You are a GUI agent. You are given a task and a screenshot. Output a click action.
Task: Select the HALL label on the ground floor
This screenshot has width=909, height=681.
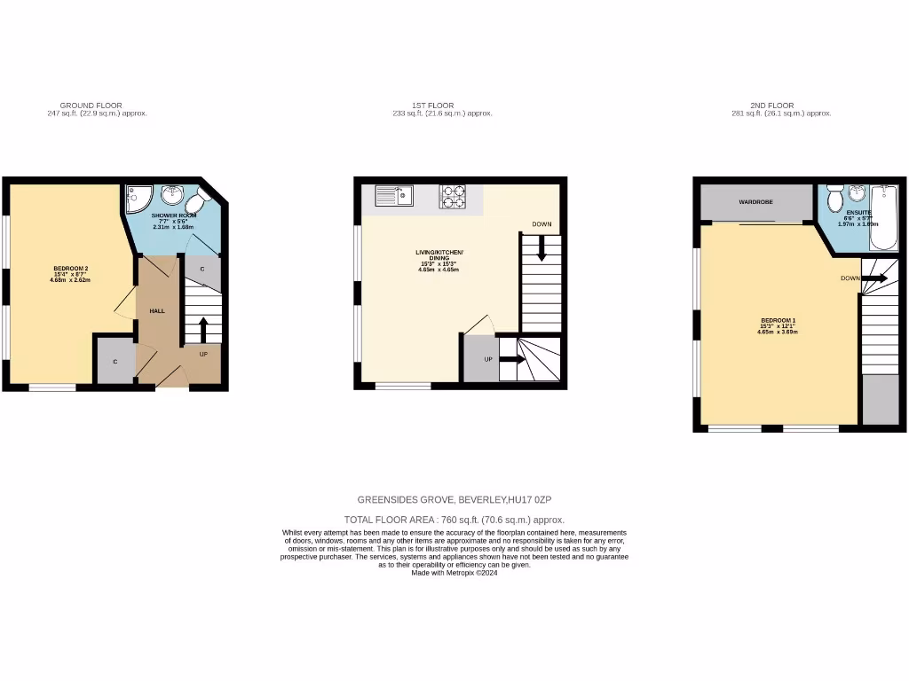pyautogui.click(x=156, y=311)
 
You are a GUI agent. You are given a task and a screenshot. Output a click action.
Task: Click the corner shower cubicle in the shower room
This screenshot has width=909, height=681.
pyautogui.click(x=138, y=200)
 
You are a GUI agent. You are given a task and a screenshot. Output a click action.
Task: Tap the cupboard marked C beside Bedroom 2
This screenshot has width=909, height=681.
pyautogui.click(x=115, y=361)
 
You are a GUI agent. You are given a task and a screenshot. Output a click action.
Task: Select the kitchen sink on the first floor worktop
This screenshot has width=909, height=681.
pyautogui.click(x=393, y=194)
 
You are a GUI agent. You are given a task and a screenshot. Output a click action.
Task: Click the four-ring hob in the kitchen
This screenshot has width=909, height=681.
pyautogui.click(x=453, y=196)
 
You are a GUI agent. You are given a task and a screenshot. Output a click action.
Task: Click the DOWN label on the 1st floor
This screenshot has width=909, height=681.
pyautogui.click(x=541, y=224)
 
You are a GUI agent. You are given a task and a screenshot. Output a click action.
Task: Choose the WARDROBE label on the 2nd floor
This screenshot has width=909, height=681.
pyautogui.click(x=755, y=202)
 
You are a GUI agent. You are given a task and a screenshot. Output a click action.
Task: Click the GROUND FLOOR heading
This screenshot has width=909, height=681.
pyautogui.click(x=91, y=106)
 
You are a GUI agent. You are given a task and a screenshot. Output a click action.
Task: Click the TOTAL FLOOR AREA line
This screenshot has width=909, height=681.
pyautogui.click(x=454, y=520)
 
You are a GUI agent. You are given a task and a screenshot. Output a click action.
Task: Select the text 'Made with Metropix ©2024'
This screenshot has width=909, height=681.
pyautogui.click(x=454, y=573)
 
